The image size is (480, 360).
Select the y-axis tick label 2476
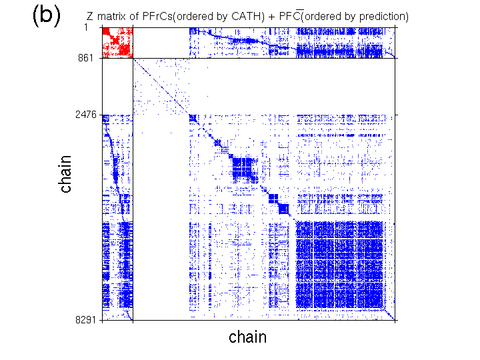click(x=86, y=115)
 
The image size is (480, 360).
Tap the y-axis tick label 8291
click(x=86, y=321)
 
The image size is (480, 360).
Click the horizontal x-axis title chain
click(x=247, y=337)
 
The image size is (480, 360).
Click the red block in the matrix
click(x=116, y=42)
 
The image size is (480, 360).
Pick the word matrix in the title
click(x=114, y=15)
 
